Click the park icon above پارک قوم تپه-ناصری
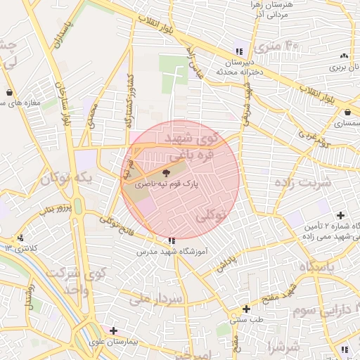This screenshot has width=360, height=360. (166, 172)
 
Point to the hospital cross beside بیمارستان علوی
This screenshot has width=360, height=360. (113, 330)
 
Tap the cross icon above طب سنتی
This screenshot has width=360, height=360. (246, 309)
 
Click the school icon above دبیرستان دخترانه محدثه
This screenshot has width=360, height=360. (239, 51)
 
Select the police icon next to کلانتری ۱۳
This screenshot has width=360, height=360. (21, 238)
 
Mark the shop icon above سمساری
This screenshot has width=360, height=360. (347, 112)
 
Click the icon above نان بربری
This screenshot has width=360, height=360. (344, 56)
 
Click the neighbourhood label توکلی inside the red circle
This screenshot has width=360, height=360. (210, 214)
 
